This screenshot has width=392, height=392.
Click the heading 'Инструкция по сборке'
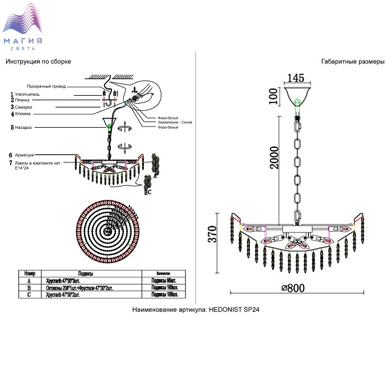point(38,61)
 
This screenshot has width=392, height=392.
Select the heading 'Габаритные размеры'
point(353,61)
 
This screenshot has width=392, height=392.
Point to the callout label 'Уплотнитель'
point(27,95)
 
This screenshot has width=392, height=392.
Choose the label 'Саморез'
point(24,107)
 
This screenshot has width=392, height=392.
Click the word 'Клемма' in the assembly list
point(23,114)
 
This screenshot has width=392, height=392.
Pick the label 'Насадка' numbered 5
point(24,128)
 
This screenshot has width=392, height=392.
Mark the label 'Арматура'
point(25,155)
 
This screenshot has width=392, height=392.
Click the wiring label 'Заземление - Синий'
point(175,123)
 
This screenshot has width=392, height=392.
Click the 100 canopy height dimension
point(273,96)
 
